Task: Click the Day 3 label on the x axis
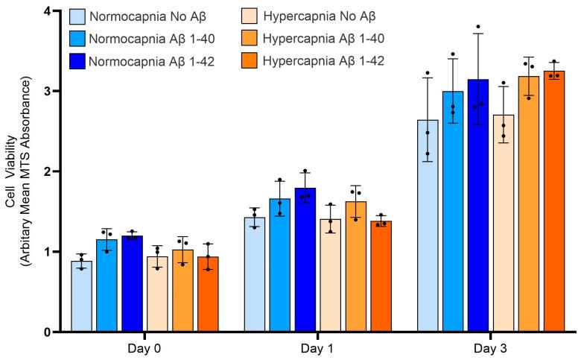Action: [x=491, y=348]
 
